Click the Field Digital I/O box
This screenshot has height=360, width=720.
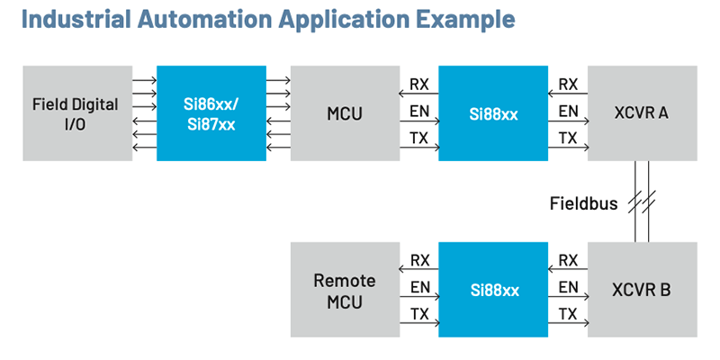click(76, 112)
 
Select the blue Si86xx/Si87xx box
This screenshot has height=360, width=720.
click(211, 112)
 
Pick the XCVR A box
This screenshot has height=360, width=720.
click(641, 112)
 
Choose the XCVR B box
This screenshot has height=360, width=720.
click(641, 291)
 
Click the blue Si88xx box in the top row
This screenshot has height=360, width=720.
click(493, 112)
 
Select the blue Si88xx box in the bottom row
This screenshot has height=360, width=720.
click(493, 291)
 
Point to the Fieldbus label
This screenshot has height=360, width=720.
click(583, 203)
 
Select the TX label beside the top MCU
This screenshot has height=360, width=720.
click(419, 139)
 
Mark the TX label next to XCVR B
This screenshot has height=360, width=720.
click(568, 314)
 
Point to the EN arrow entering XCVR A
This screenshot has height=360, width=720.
click(568, 121)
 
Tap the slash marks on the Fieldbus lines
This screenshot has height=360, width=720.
click(641, 202)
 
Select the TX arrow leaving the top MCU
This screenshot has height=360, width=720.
click(419, 148)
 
